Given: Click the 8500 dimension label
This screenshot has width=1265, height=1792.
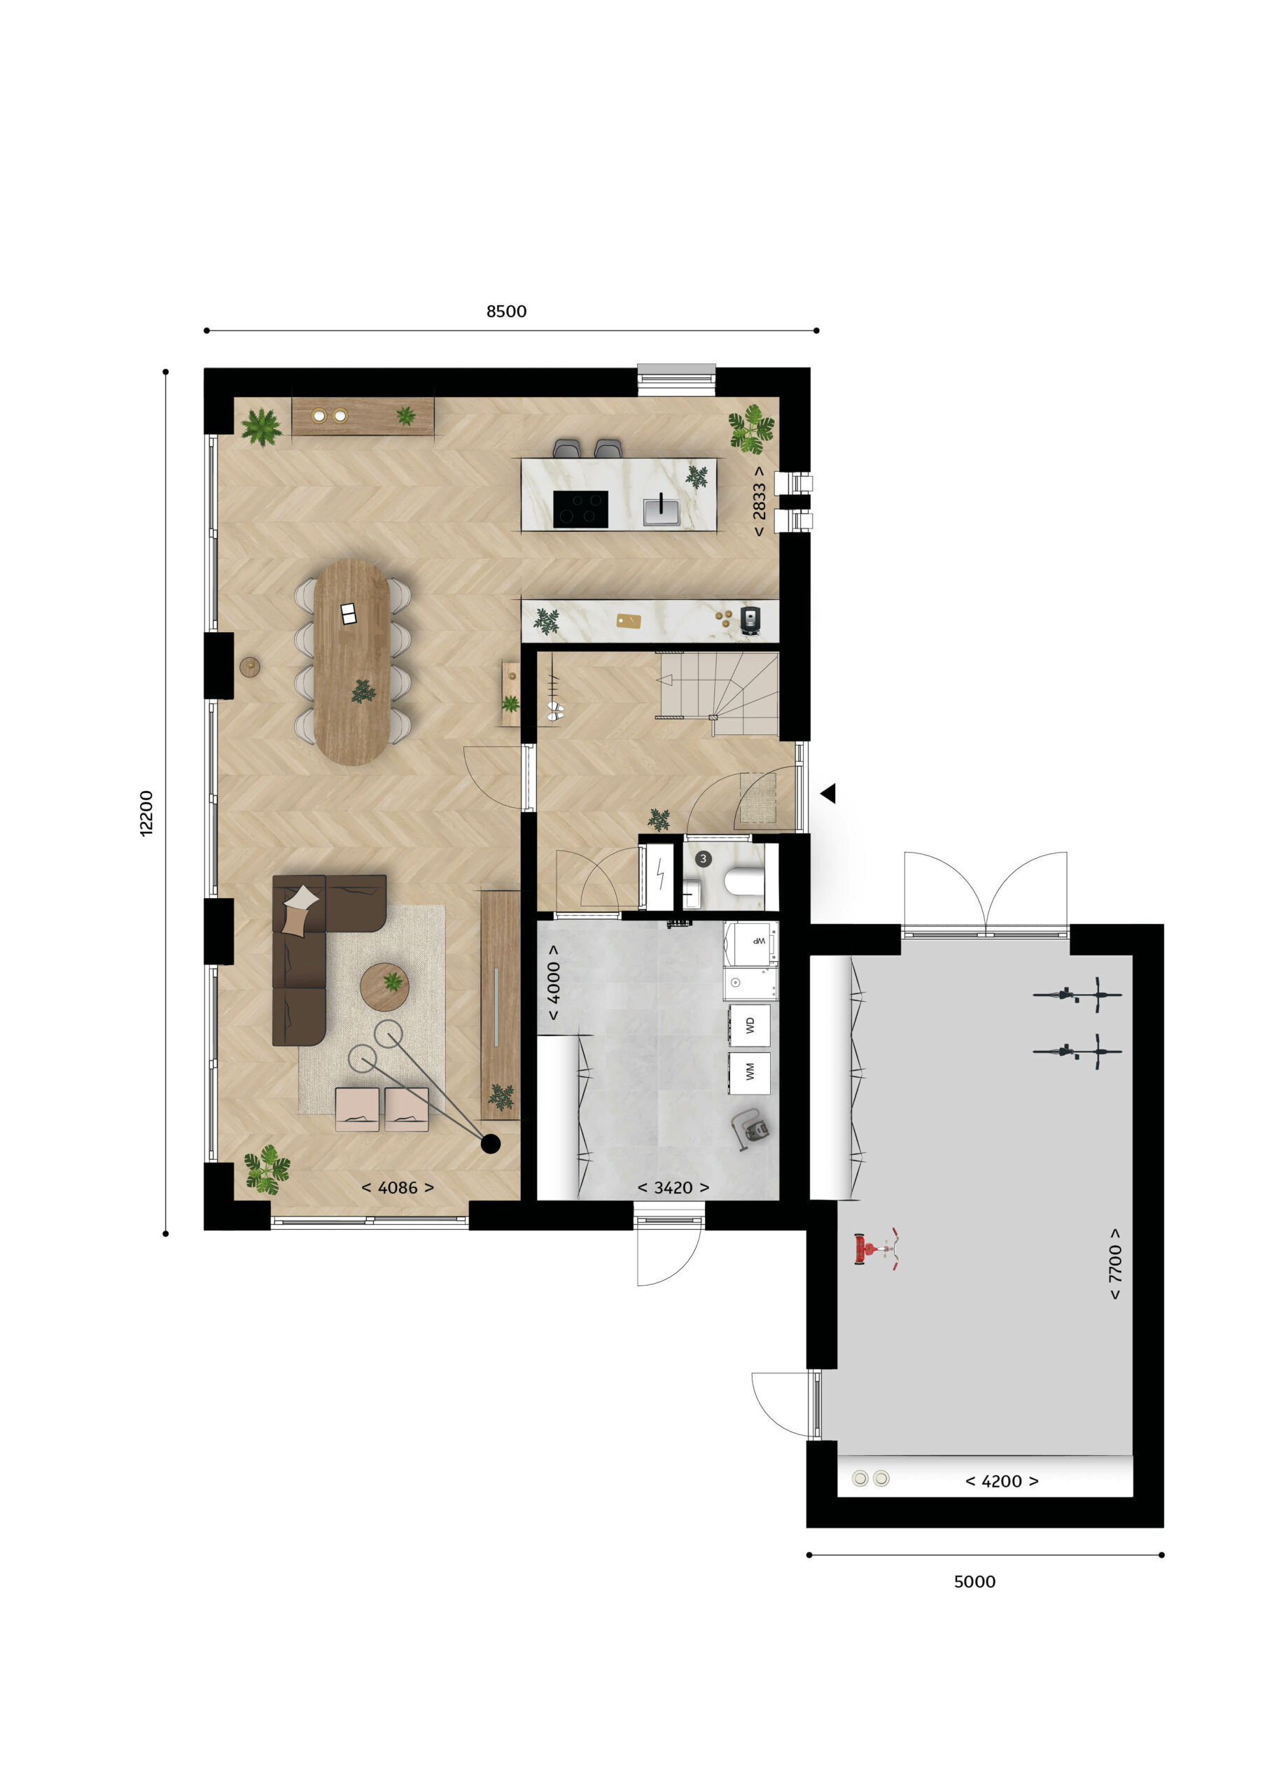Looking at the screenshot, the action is pos(506,311).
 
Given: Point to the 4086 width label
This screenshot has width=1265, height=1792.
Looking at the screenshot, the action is pos(397,1187).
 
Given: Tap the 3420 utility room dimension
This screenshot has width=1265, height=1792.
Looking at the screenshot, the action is pos(673,1187).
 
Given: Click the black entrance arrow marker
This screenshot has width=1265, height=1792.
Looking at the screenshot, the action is pos(828,793).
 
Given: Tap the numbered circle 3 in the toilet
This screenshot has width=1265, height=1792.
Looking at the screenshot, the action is pos(703,858).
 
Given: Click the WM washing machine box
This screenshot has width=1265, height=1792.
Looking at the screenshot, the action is pos(749,1072).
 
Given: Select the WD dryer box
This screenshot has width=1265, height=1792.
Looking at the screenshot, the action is pos(749,1025).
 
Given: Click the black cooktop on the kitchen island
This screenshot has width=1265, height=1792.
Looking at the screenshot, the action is pos(580,509).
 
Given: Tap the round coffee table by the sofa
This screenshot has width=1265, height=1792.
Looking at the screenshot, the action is pos(385,987).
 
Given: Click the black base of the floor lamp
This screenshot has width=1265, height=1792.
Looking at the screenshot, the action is pos(490,1143).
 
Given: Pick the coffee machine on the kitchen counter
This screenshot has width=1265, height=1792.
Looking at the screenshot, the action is pos(749,619).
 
